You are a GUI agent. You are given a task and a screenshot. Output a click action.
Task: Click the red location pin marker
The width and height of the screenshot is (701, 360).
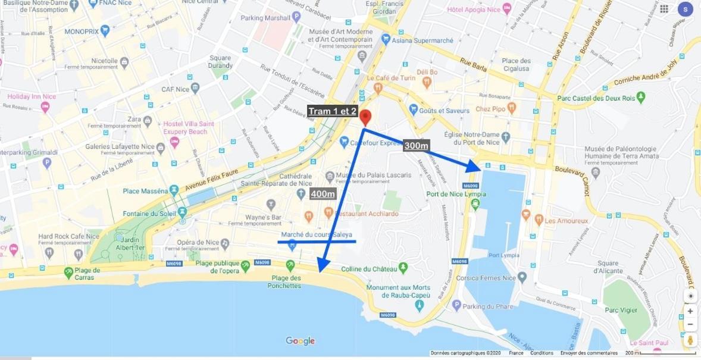point(366,117)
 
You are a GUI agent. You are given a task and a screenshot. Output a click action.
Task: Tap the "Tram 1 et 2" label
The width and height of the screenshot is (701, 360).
point(332,111)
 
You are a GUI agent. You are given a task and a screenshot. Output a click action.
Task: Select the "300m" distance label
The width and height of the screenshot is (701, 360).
point(417,146)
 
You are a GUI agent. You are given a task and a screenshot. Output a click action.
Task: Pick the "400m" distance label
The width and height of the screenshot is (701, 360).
point(323,194)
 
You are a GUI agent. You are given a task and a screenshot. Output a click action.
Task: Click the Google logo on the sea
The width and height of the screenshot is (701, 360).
point(300,341)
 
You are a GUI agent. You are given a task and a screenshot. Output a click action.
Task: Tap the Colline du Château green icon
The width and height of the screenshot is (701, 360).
point(403,268)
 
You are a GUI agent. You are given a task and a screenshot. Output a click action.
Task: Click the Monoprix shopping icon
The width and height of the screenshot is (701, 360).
point(105,30)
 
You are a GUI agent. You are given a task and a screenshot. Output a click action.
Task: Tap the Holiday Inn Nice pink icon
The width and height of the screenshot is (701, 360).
point(45,107)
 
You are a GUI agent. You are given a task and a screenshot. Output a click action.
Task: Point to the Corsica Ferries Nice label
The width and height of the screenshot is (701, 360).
point(486,278)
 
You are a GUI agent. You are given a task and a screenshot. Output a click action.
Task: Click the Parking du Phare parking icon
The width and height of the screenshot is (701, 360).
point(456,306)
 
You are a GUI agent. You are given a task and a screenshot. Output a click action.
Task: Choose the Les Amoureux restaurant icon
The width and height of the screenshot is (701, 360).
point(538,220)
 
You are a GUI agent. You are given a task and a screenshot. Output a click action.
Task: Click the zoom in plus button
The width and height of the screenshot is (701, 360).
point(690,311)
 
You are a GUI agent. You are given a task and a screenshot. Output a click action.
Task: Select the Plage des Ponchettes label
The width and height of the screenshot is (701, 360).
point(286,282)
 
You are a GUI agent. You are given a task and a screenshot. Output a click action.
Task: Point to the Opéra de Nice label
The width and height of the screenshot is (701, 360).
point(198,243)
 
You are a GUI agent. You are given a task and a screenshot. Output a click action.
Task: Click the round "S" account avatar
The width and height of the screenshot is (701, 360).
point(685,9)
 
